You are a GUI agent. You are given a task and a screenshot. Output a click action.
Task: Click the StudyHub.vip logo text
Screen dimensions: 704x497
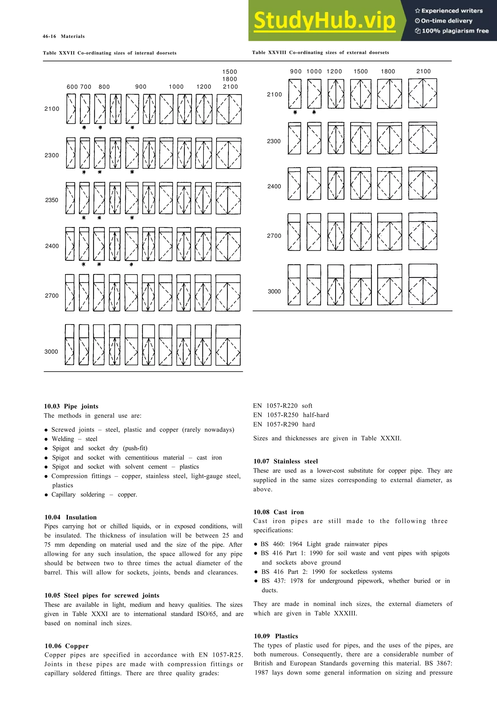(x=325, y=21)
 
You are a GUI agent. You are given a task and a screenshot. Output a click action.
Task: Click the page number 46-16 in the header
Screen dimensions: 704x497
(x=49, y=36)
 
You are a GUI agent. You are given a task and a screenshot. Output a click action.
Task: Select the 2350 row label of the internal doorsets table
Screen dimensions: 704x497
(x=51, y=200)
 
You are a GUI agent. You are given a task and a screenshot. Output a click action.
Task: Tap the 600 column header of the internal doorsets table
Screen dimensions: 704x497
(x=72, y=87)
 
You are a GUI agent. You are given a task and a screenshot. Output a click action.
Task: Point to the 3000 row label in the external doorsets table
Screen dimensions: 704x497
(x=274, y=292)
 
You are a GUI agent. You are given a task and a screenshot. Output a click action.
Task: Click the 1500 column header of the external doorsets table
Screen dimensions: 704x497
(x=360, y=72)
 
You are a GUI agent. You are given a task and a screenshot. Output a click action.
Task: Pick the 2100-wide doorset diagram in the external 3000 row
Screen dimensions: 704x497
(x=422, y=284)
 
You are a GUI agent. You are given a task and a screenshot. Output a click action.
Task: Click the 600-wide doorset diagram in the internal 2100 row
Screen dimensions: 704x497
(x=71, y=109)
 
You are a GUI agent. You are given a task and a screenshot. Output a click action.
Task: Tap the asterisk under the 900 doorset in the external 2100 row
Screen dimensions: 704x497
(x=295, y=112)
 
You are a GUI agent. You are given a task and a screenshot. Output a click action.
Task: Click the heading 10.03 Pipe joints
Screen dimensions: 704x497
(x=71, y=406)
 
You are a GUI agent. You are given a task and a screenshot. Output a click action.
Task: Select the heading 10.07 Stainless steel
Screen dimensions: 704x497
(x=285, y=462)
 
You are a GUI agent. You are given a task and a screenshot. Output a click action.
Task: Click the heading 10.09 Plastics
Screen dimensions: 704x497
(x=276, y=636)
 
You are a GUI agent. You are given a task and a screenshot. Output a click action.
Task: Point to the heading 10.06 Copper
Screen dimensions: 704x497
(x=66, y=646)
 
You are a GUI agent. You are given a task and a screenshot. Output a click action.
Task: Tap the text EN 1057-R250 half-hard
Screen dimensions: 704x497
(x=291, y=415)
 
